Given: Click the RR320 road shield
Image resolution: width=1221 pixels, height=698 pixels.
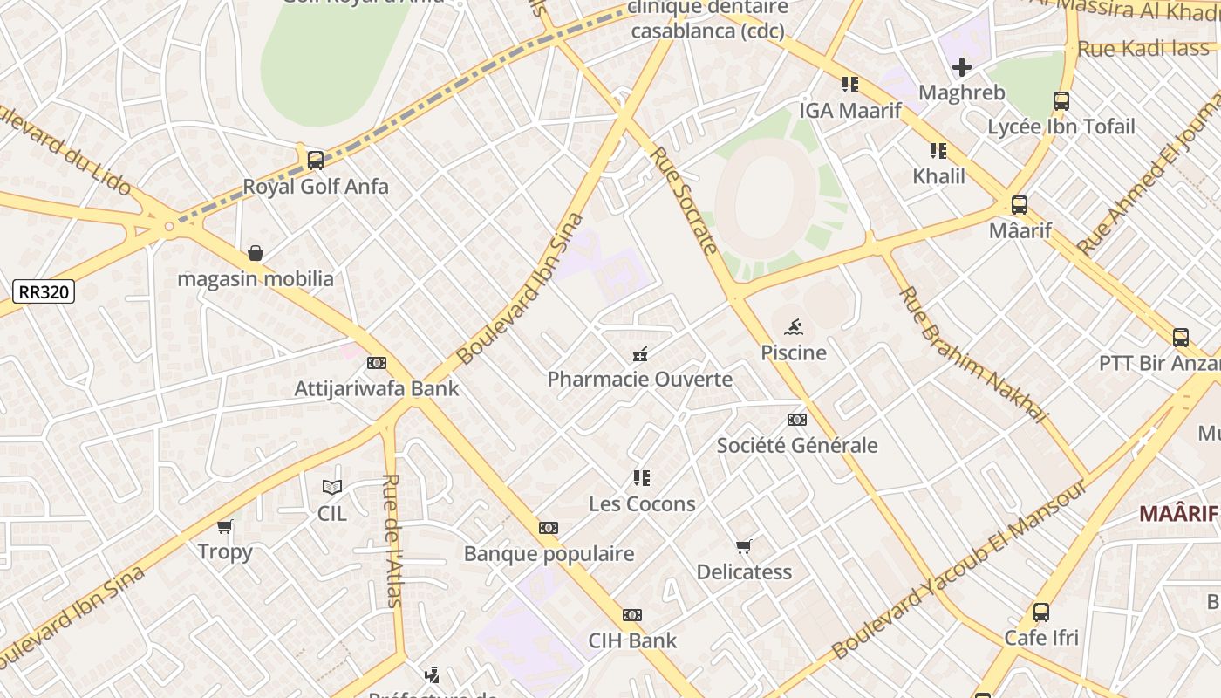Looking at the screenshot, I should click(x=44, y=291).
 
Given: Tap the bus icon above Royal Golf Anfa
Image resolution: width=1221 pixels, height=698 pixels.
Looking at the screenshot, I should click(x=316, y=161).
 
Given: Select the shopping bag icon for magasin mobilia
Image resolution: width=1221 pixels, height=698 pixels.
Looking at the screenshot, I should click(x=256, y=253).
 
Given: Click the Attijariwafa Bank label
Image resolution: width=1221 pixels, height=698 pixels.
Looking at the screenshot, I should click(x=376, y=388).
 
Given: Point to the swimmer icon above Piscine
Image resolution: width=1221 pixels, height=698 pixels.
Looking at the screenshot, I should click(x=793, y=328).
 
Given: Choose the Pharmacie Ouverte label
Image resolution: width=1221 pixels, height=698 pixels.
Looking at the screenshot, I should click(x=639, y=380).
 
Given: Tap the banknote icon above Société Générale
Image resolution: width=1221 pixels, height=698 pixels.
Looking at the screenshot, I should click(x=796, y=420).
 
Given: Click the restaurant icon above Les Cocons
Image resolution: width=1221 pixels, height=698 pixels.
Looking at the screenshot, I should click(x=642, y=478).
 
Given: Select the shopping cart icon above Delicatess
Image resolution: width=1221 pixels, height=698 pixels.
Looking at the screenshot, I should click(x=743, y=547).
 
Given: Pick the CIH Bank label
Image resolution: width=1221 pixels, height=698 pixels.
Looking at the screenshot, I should click(x=632, y=640).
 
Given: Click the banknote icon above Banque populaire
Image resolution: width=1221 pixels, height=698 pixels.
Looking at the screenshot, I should click(x=548, y=528).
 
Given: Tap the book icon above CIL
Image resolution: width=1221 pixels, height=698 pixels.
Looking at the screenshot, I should click(x=331, y=488).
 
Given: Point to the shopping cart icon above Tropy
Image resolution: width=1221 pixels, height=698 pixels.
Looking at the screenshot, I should click(x=225, y=526).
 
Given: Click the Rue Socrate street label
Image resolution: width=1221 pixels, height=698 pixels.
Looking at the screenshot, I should click(x=684, y=201).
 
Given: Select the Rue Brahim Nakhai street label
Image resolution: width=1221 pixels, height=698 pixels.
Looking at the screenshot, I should click(x=972, y=354).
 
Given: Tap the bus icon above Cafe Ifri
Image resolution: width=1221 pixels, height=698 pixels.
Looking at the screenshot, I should click(x=1040, y=612).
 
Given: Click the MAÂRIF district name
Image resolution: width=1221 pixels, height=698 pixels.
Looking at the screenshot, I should click(x=1178, y=513).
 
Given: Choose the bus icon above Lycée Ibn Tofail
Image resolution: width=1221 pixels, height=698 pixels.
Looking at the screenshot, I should click(x=1061, y=101).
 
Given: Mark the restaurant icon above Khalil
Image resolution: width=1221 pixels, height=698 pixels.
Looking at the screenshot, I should click(x=938, y=151).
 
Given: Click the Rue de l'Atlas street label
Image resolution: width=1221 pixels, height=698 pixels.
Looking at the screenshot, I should click(x=392, y=540).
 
